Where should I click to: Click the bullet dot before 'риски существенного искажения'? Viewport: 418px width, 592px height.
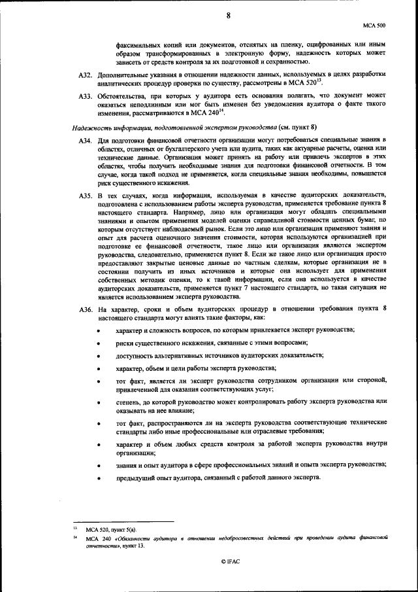[98, 343]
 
